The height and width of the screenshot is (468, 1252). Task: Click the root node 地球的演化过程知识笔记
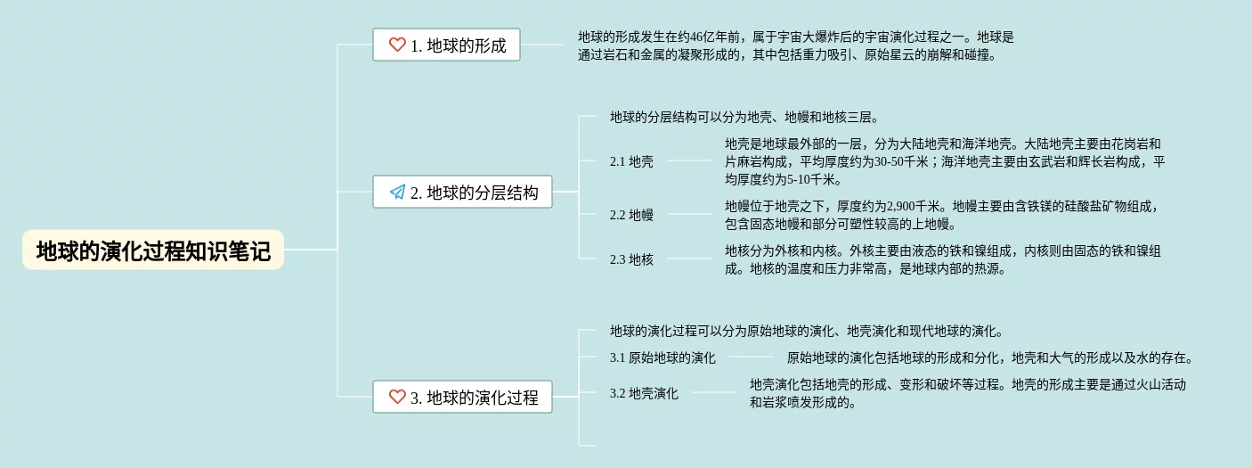tap(153, 250)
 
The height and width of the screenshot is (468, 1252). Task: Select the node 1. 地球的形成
tap(446, 45)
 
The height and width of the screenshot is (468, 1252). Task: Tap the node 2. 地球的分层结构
tap(462, 192)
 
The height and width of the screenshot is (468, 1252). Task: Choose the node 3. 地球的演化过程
tap(462, 397)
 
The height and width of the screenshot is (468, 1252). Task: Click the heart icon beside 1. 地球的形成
tap(397, 45)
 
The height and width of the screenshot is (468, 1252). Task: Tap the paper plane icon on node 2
tap(397, 192)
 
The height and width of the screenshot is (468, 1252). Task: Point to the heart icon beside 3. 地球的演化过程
tap(397, 397)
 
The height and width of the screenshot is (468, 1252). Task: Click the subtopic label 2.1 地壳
tap(631, 161)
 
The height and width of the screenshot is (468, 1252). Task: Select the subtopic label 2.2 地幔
tap(631, 214)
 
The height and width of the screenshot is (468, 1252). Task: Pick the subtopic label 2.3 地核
tap(631, 259)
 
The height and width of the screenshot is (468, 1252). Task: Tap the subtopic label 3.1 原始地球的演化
tap(663, 357)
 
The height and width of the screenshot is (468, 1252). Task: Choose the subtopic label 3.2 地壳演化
tap(644, 393)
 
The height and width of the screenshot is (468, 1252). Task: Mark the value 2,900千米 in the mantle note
tap(894, 206)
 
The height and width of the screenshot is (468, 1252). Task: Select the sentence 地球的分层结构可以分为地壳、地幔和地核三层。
tap(744, 117)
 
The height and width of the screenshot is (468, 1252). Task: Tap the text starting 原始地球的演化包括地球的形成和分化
tap(989, 357)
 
